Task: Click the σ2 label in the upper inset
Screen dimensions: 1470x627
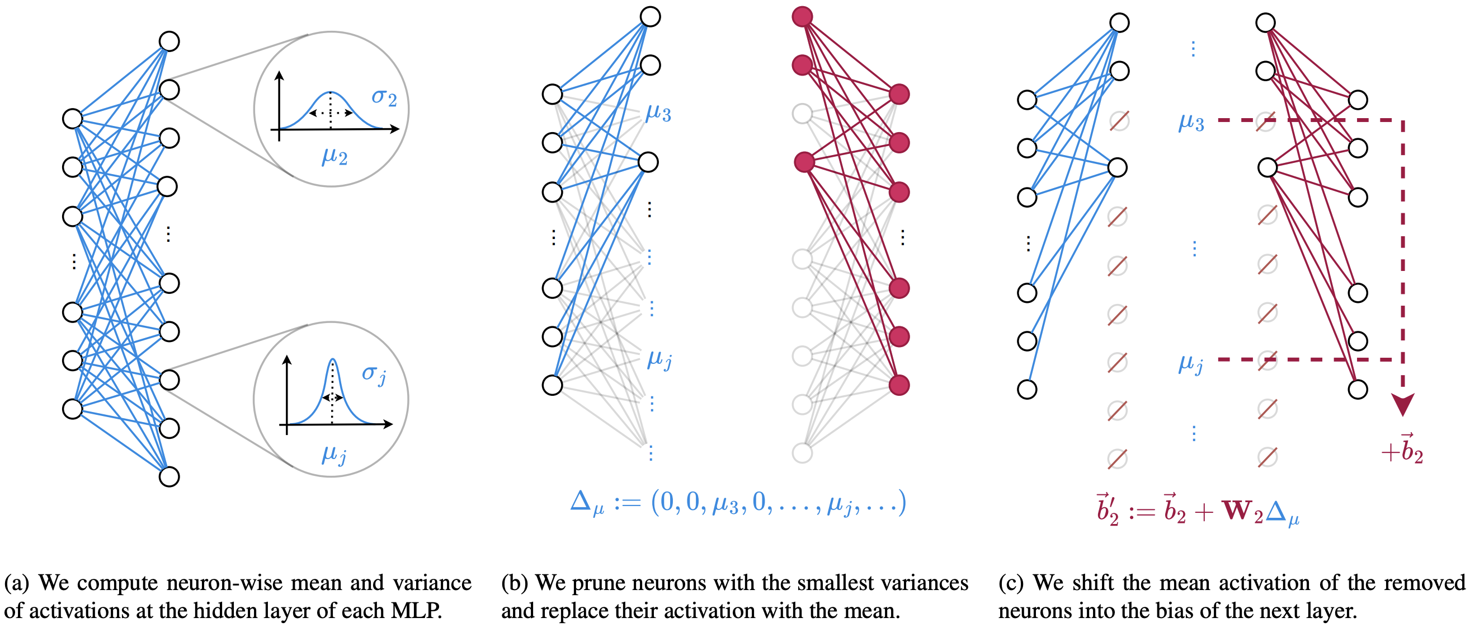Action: click(x=384, y=97)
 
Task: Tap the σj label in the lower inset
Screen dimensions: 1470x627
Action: click(x=374, y=375)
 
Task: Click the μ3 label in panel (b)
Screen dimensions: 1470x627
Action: click(x=658, y=113)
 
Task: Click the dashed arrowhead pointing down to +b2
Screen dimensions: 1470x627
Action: click(x=1402, y=404)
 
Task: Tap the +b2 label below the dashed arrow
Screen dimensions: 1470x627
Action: click(x=1402, y=450)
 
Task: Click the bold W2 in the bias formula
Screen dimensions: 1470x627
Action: click(x=1243, y=511)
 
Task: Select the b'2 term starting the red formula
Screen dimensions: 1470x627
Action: click(x=1107, y=509)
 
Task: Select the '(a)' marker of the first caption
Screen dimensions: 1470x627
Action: click(x=17, y=583)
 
